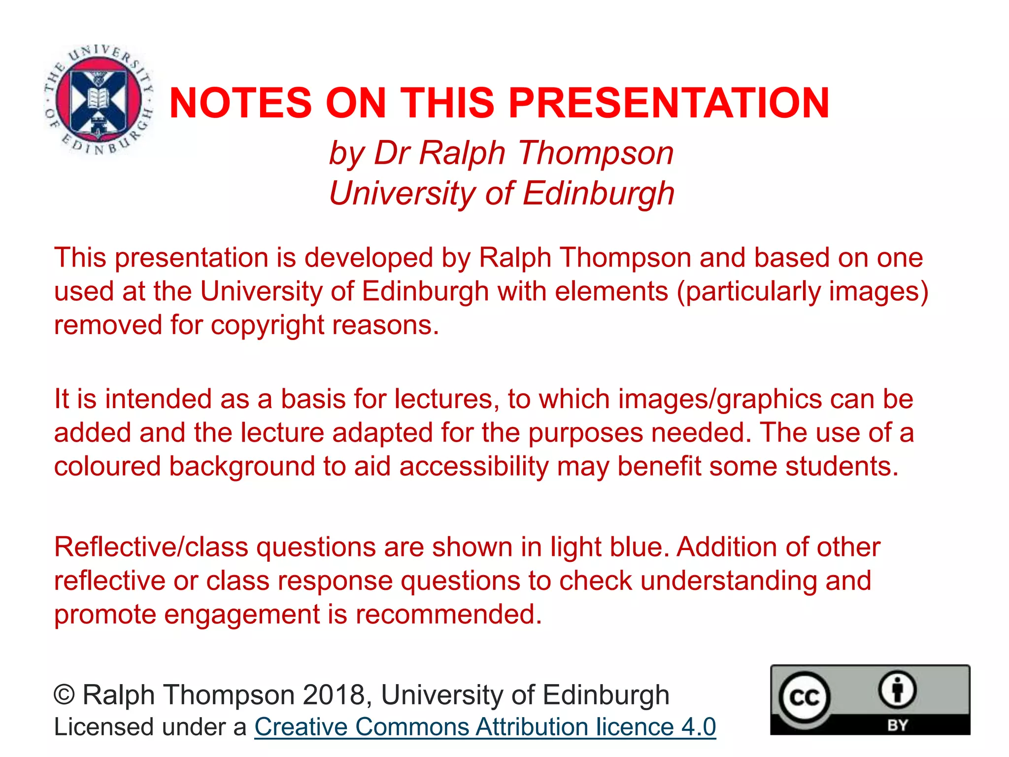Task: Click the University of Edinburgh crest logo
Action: coord(99,99)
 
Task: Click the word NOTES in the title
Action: coord(240,103)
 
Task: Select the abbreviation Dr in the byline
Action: coord(390,153)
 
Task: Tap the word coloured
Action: coord(107,466)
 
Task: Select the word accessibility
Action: coord(473,466)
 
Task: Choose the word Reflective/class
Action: coord(152,547)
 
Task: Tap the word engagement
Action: coord(242,615)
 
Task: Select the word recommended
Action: coord(448,615)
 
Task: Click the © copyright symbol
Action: coord(64,695)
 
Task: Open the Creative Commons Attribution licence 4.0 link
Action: coord(485,727)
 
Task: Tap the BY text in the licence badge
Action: coord(897,725)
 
